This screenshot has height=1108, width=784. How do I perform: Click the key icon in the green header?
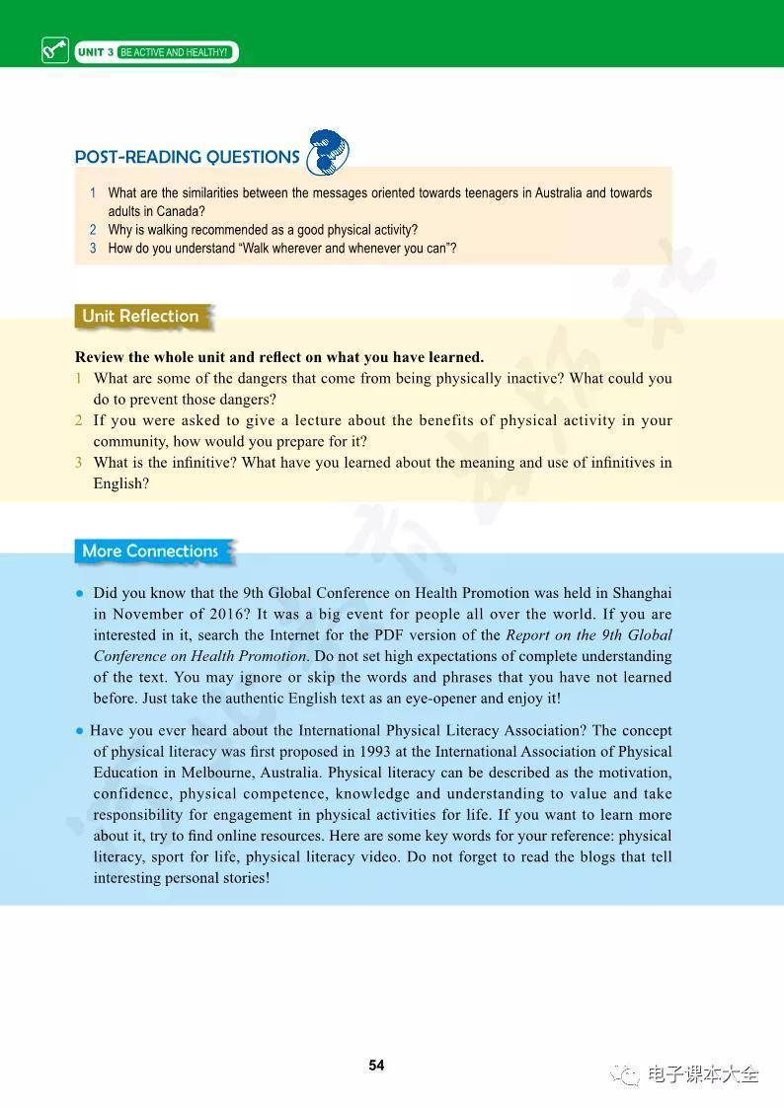54,50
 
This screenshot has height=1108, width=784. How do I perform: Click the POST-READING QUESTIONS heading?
187,157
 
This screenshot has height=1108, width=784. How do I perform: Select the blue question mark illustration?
328,153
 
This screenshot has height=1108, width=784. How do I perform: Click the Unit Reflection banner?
141,317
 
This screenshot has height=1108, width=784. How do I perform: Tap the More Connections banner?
151,552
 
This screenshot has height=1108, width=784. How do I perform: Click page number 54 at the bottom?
376,1066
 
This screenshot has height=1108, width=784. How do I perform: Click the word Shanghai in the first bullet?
642,593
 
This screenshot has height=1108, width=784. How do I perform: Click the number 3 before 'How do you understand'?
93,249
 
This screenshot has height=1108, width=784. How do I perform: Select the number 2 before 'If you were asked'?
79,420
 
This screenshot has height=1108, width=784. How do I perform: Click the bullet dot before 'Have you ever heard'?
79,731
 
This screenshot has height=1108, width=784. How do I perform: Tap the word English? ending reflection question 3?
121,483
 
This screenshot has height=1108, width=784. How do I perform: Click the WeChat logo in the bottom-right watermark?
624,1074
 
